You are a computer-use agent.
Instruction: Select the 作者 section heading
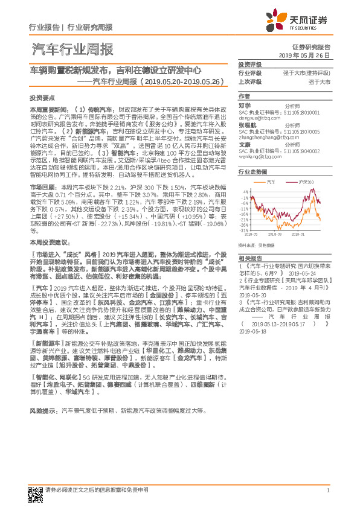[243, 96]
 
